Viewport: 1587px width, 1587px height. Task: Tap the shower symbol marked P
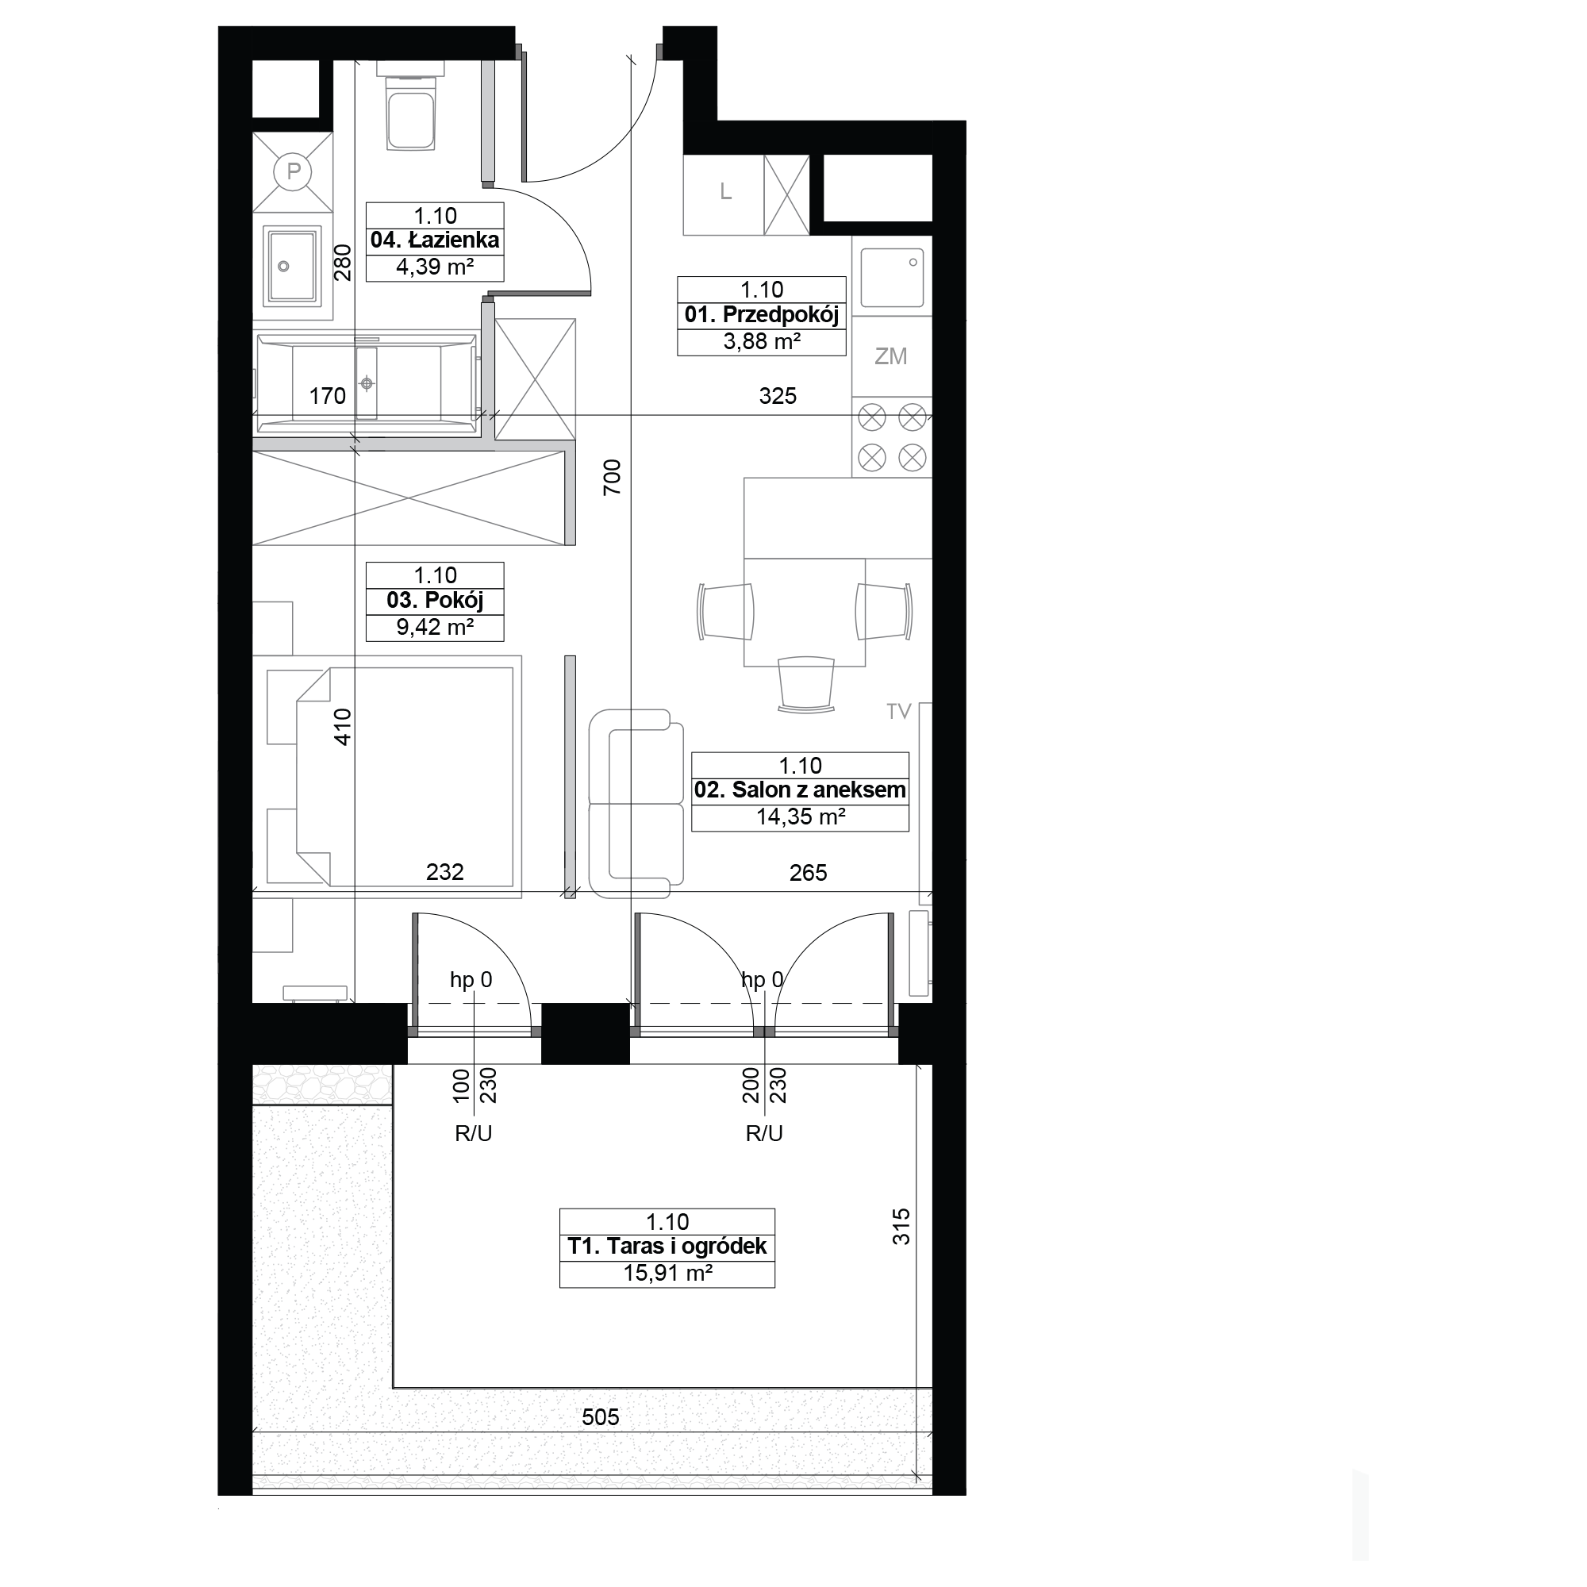coord(293,172)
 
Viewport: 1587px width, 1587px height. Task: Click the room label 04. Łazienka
coord(435,240)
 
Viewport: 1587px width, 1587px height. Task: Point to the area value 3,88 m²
coord(762,342)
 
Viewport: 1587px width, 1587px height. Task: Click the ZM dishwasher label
coord(891,356)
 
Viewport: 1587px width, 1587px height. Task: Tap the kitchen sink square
coord(892,279)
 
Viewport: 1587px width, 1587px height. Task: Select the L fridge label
coord(725,192)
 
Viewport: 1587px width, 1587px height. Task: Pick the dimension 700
coord(612,477)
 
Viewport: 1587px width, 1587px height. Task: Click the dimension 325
coord(778,396)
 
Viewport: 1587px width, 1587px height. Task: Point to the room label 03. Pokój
coord(435,601)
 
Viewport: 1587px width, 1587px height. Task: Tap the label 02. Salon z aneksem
coord(800,790)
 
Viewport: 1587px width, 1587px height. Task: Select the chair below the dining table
coord(806,683)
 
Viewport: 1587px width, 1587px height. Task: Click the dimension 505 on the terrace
coord(601,1417)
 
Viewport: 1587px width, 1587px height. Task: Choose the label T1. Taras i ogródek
coord(667,1247)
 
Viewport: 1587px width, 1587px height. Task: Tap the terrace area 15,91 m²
coord(667,1274)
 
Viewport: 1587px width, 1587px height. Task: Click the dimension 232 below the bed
coord(445,872)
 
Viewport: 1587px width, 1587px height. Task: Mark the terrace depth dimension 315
coord(901,1227)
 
